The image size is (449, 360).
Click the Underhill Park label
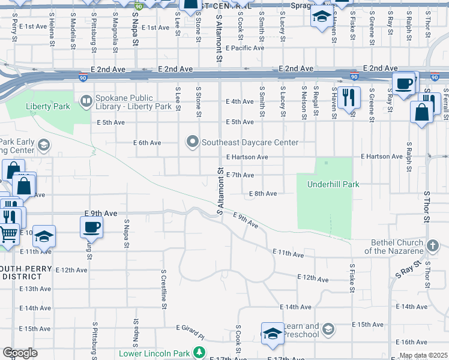pos(333,184)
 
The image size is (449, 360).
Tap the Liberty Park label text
pos(48,107)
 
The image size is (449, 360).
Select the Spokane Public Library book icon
pos(86,100)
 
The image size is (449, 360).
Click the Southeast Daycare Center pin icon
pos(193,142)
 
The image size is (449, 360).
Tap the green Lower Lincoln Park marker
pos(203,353)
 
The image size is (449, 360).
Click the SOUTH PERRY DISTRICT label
pos(22,272)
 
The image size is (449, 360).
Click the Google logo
pos(20,352)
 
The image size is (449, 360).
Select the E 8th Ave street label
pos(262,194)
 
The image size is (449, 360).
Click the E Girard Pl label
pos(190,328)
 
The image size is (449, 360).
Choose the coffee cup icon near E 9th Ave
pos(91,227)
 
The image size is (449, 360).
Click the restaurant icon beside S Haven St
pos(349,97)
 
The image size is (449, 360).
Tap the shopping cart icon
pos(8,233)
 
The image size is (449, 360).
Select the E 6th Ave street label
pos(147,143)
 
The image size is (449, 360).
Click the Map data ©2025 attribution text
pos(423,355)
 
